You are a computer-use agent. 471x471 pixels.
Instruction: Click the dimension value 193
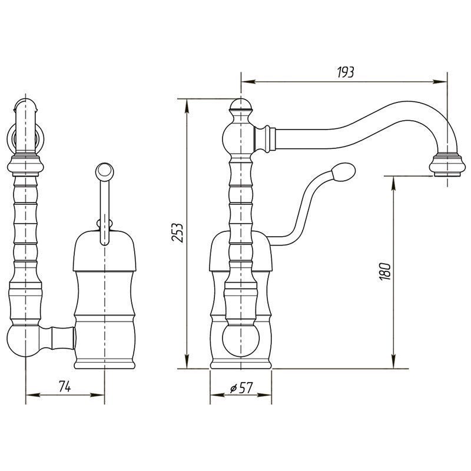(x=346, y=72)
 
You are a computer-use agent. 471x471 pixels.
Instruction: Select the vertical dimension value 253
(x=177, y=232)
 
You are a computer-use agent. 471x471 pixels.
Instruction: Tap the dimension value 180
(x=385, y=271)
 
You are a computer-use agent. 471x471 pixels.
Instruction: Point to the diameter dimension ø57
(x=241, y=388)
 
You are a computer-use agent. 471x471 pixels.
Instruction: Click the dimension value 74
(x=65, y=386)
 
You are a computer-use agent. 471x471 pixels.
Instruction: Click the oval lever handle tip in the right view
(x=343, y=171)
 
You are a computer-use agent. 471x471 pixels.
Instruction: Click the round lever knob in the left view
(x=104, y=171)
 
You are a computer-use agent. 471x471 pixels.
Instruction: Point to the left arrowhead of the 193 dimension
(x=248, y=81)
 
